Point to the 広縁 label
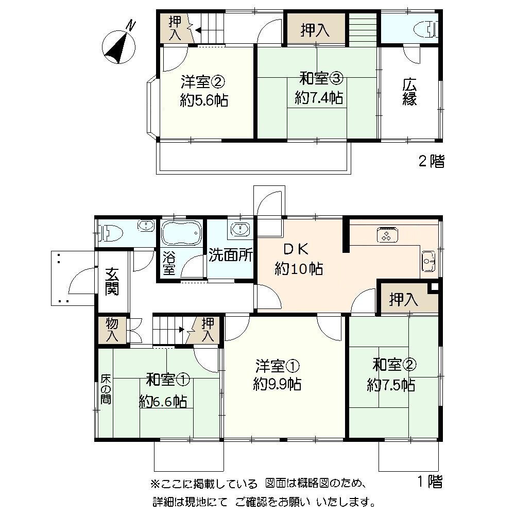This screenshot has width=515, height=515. click(x=409, y=92)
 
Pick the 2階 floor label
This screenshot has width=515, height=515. click(x=430, y=162)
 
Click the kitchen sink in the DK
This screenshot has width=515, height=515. click(x=428, y=261)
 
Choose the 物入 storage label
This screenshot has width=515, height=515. click(x=112, y=330)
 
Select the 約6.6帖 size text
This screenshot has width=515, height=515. click(x=163, y=401)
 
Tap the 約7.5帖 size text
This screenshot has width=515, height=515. click(x=391, y=385)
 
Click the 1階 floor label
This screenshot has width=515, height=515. click(x=430, y=482)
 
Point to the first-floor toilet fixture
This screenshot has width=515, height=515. click(x=111, y=233)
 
